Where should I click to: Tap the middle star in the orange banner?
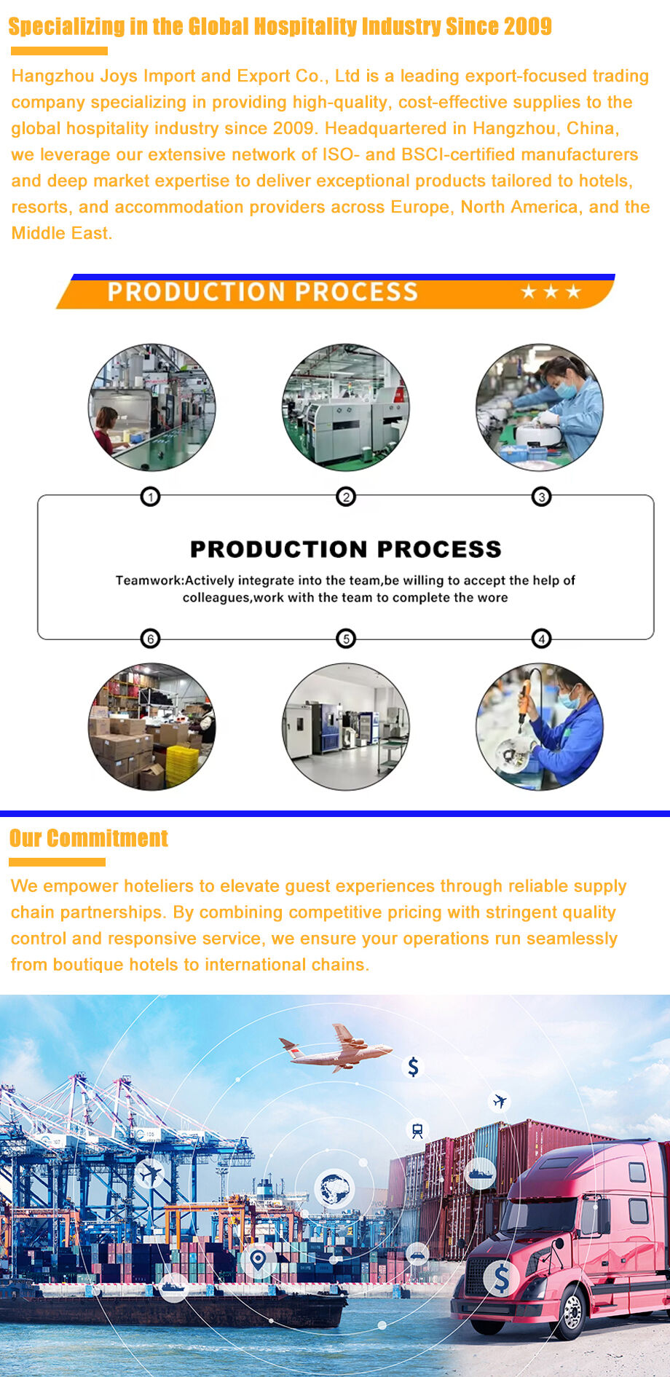point(551,291)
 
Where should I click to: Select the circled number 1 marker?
point(150,497)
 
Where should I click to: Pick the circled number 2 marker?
point(346,497)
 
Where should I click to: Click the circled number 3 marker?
point(541,497)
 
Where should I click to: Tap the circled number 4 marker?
point(541,639)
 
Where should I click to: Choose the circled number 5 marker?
point(346,639)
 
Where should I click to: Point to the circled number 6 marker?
point(150,639)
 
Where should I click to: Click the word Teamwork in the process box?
point(149,580)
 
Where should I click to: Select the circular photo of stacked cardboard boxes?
point(151,726)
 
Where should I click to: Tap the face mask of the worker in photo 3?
point(566,389)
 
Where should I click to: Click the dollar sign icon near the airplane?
point(413,1067)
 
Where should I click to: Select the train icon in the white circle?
point(417,1130)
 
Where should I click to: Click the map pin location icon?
point(258,1259)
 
